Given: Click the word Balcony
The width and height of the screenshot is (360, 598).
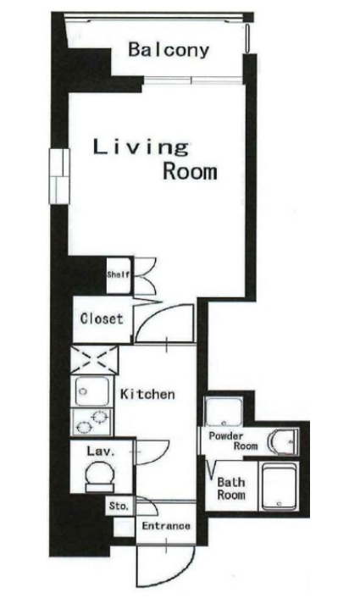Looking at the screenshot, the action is coord(169,50).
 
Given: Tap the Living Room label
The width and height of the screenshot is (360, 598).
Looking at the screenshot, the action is coord(155,160).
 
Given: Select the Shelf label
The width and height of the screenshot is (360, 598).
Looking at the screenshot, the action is coord(119,274).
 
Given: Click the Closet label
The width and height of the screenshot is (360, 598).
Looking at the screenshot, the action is coord(102,318).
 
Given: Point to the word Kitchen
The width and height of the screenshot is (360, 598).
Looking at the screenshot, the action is coord(147,394).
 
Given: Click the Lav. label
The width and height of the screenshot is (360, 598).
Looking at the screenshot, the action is coord(101,451).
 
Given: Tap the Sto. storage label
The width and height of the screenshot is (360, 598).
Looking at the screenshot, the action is coord(119,506).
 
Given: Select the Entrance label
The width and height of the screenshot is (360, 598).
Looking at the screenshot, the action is coord(166,526).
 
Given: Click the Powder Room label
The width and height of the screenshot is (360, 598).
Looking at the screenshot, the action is coord(233,440).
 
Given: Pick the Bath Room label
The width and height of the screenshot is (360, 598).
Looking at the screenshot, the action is coord(231,489).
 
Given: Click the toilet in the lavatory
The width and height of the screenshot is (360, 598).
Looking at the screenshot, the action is coord(100,476).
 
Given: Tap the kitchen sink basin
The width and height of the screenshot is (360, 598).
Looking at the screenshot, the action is coord(91,391).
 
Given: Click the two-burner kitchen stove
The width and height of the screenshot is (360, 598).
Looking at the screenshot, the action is coord(91,422).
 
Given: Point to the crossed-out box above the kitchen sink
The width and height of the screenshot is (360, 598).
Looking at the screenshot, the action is coord(94,360).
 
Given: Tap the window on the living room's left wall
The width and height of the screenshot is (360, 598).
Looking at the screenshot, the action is coord(59,176).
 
